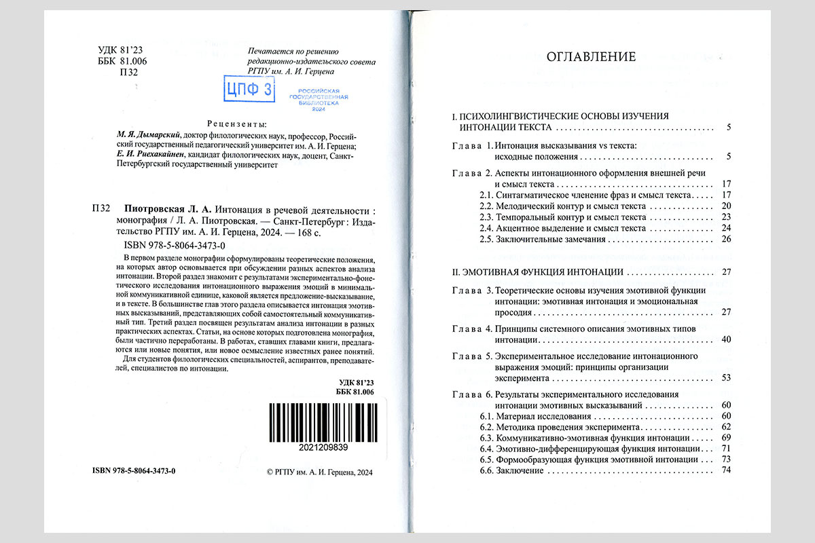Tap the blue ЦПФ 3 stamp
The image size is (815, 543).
point(249,89)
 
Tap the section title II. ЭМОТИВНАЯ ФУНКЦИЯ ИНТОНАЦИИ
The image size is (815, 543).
point(539,273)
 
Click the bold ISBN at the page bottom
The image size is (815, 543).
point(133,470)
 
